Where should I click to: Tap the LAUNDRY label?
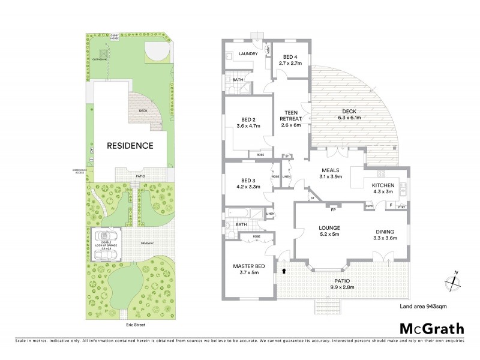[248, 54]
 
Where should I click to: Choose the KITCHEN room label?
[383, 187]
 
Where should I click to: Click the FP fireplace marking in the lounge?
[333, 209]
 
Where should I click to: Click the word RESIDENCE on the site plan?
[130, 145]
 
